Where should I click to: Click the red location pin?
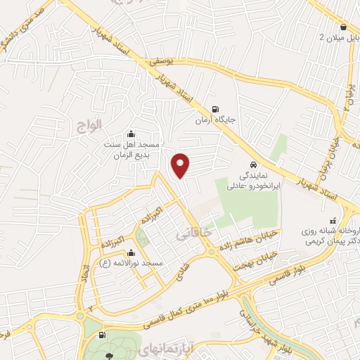[181, 165]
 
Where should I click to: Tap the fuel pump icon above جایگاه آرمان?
[214, 108]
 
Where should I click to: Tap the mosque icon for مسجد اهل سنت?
[129, 134]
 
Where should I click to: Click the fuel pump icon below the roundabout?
[103, 337]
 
